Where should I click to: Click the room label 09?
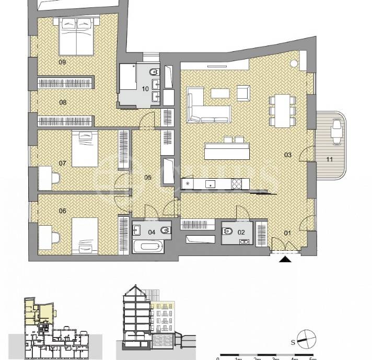point(62,62)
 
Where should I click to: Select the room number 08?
point(63,102)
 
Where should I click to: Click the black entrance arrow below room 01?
point(285,259)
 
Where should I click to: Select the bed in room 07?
point(85,149)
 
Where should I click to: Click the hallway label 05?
point(148,178)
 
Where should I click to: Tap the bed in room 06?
point(85,236)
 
